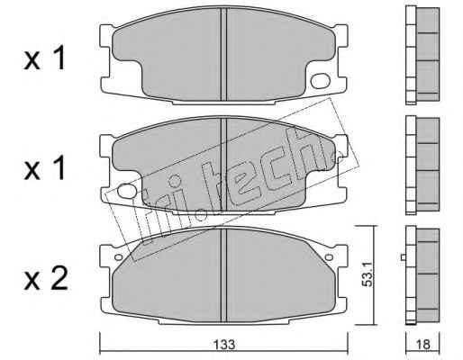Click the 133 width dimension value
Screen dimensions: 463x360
tap(224, 345)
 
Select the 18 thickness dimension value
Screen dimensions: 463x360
tap(423, 345)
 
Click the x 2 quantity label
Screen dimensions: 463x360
tap(46, 279)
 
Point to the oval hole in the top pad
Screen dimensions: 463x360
tap(321, 81)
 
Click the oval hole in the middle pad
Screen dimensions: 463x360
tap(127, 191)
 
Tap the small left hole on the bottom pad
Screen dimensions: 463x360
tap(119, 257)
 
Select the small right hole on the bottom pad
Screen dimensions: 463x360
tap(330, 257)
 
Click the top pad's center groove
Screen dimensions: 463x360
tap(223, 54)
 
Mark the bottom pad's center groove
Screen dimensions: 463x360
tap(223, 274)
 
